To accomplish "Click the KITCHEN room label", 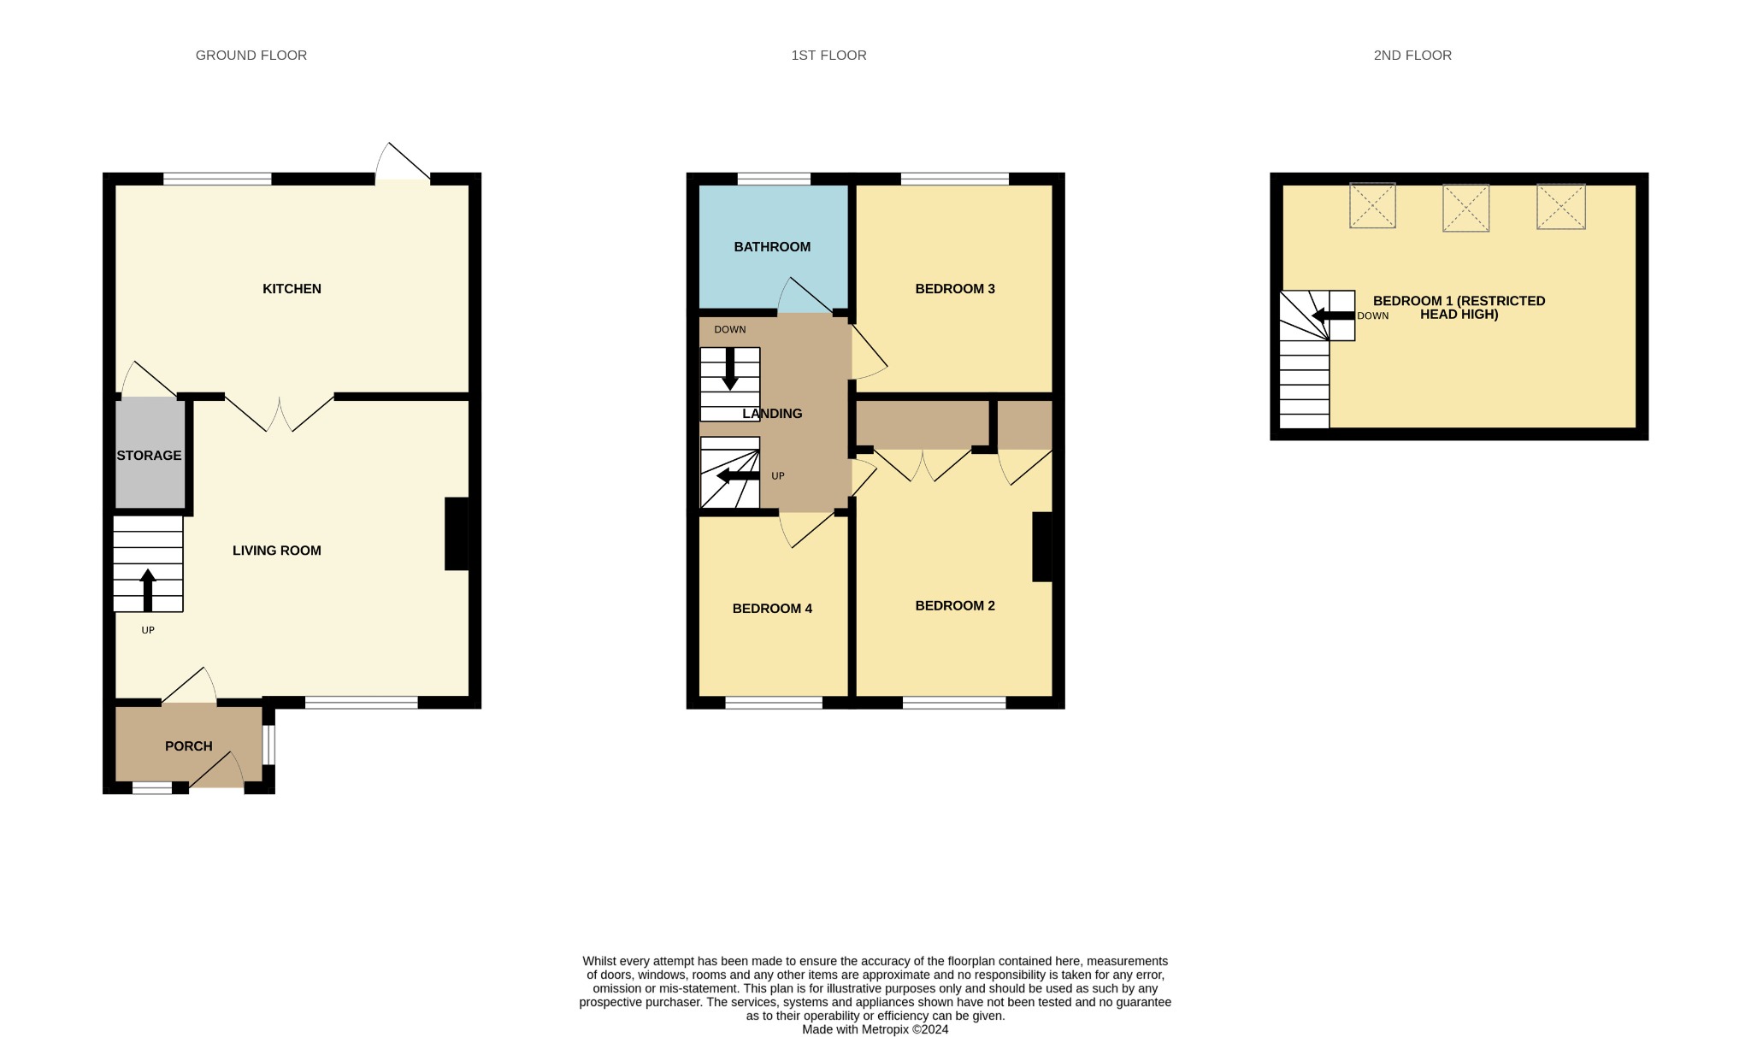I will coord(292,289).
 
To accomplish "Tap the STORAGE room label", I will coord(149,456).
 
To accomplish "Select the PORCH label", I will coord(188,746).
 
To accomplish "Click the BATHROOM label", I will coord(771,247).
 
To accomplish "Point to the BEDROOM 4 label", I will coord(771,609).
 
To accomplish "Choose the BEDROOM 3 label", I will coord(954,289).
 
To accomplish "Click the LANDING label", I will coord(771,414).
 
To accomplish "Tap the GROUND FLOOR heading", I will coord(251,56).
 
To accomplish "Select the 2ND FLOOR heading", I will coord(1412,56).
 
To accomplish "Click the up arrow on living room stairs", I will coord(148,590).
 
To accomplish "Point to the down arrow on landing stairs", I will coord(729,368).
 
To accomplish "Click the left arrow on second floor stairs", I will coord(1332,315).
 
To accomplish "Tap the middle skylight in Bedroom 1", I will coord(1465,208).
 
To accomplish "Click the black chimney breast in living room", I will coord(457,533).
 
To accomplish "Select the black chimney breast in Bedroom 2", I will coord(1041,546).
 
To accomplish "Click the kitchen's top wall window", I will coord(217,180).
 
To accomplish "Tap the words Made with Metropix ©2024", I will coord(875,1029).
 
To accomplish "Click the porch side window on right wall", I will coord(268,745).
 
